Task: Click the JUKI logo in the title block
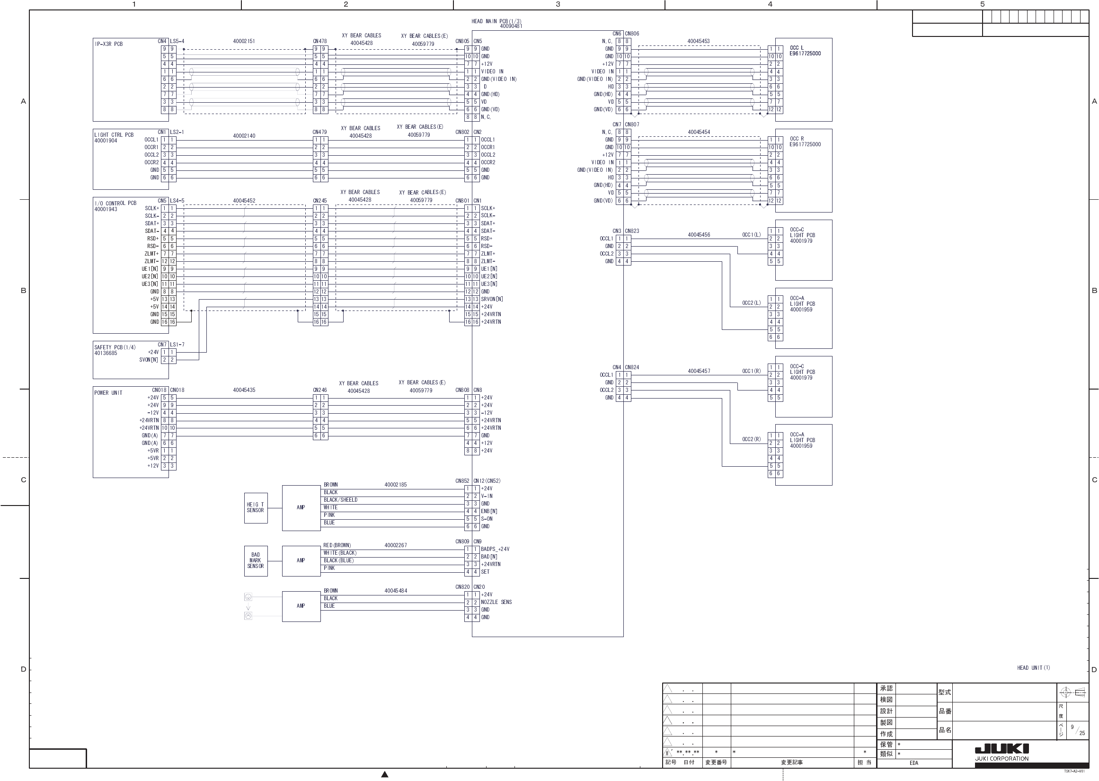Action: (x=1002, y=749)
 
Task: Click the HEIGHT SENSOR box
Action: (x=255, y=507)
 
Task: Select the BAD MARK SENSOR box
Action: (x=255, y=560)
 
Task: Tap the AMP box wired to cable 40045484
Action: (x=301, y=606)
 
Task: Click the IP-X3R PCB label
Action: (x=109, y=44)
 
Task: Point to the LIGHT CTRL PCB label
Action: (x=114, y=135)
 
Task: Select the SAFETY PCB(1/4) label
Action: (x=115, y=347)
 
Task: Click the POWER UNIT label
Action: (x=108, y=393)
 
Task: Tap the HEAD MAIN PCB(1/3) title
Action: (x=496, y=21)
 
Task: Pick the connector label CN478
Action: (x=319, y=41)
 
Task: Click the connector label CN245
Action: (x=319, y=201)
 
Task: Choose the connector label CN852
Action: (x=462, y=481)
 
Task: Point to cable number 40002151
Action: (x=244, y=41)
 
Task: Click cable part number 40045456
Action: (x=699, y=235)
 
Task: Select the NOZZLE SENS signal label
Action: (x=496, y=602)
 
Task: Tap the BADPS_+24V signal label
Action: (x=495, y=549)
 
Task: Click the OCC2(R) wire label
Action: (x=751, y=439)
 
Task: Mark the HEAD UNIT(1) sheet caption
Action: (x=1033, y=667)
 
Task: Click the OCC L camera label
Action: (x=797, y=48)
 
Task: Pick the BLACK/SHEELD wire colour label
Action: (x=340, y=500)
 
